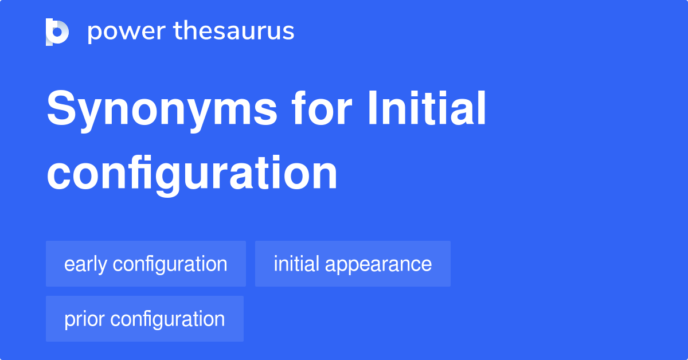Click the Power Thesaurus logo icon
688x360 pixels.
pyautogui.click(x=57, y=32)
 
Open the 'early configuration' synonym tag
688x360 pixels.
pyautogui.click(x=146, y=264)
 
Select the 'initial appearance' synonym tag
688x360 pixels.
pyautogui.click(x=353, y=264)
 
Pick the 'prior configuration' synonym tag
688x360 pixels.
pyautogui.click(x=144, y=319)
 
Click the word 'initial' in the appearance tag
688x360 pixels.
pyautogui.click(x=297, y=264)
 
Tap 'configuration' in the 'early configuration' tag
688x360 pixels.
pyautogui.click(x=170, y=264)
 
